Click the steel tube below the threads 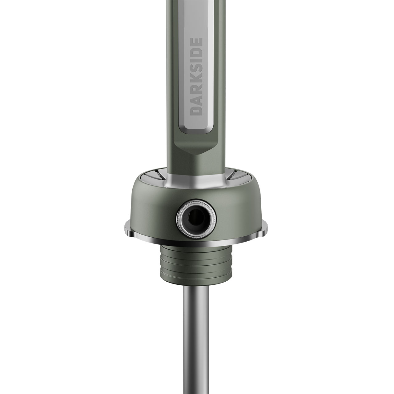(x=196, y=335)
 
